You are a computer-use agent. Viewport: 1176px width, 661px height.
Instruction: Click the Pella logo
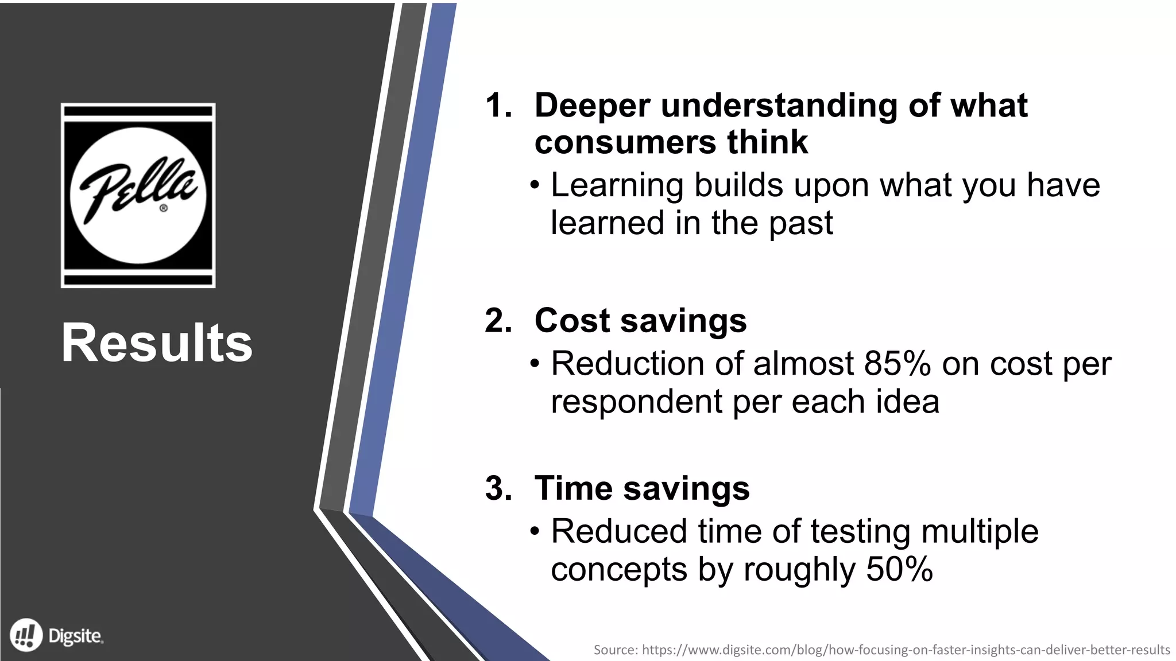click(138, 195)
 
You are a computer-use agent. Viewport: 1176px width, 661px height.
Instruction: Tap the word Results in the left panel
click(157, 343)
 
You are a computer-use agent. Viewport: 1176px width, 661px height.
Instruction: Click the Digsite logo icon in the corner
click(26, 636)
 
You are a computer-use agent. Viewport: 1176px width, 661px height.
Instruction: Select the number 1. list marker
click(498, 106)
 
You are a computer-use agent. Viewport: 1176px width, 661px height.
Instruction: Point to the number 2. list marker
click(498, 320)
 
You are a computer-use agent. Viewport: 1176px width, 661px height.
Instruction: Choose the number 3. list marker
click(498, 488)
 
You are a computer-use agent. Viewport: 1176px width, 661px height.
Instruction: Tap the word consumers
click(625, 142)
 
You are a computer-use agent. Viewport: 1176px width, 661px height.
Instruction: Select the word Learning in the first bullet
click(617, 185)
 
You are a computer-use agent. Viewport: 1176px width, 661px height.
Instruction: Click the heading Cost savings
click(640, 320)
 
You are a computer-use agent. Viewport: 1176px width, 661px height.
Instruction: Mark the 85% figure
click(897, 364)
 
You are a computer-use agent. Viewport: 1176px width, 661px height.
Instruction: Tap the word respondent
click(636, 402)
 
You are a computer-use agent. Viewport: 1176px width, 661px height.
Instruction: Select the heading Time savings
click(642, 488)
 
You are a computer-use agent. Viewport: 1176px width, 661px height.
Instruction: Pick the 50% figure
click(899, 570)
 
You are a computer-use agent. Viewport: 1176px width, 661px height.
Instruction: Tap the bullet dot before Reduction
click(535, 364)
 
